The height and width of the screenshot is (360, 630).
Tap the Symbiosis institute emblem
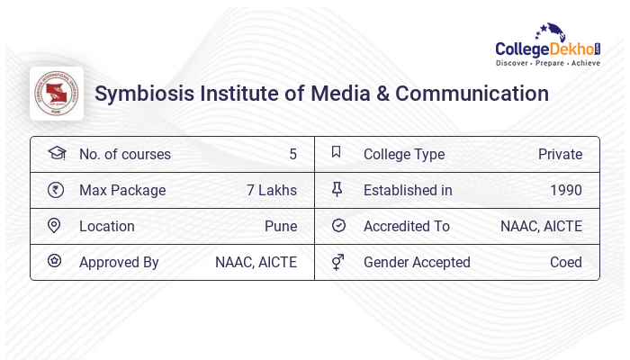coord(57,94)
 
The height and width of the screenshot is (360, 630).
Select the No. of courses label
coord(124,154)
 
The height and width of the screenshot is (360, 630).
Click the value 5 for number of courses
coord(292,154)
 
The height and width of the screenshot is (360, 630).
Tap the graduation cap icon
coord(56,153)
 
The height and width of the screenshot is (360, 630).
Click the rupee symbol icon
coord(56,190)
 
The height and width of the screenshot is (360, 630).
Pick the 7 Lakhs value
coord(271,190)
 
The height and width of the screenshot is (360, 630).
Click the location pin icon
coord(55,226)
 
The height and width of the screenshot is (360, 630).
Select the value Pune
coord(280,226)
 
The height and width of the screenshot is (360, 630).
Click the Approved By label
coord(119,262)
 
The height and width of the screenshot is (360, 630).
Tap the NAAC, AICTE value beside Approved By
coord(256,262)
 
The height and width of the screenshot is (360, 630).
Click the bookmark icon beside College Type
coord(337,153)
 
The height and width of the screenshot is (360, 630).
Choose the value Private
coord(560,154)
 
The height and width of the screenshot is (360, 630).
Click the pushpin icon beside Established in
coord(337,190)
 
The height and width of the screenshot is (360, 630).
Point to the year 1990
coord(565,190)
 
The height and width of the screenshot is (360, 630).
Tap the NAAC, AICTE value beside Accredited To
coord(541,226)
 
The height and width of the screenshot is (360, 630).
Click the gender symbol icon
coord(337,262)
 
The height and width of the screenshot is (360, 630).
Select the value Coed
coord(565,262)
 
